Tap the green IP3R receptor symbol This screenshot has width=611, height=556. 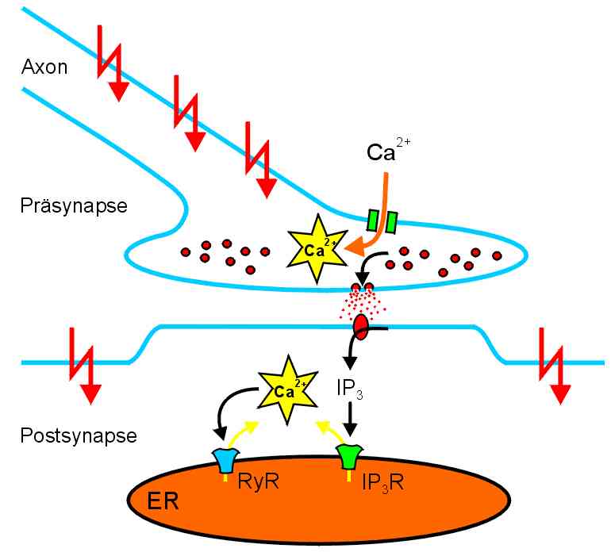click(348, 456)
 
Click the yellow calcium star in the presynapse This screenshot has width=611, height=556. click(316, 247)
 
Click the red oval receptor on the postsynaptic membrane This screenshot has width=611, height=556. click(361, 327)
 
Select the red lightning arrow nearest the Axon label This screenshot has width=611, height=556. click(110, 63)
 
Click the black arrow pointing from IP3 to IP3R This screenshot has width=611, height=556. click(350, 420)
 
